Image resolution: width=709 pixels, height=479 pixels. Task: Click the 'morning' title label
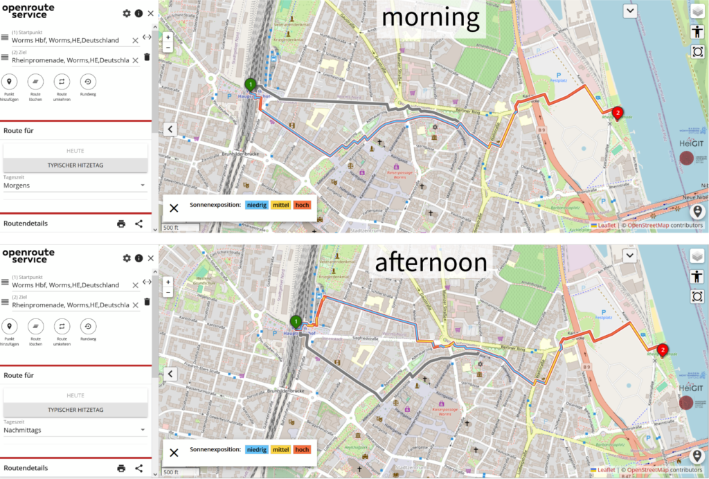click(x=430, y=18)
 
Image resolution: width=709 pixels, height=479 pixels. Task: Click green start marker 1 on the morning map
click(x=251, y=84)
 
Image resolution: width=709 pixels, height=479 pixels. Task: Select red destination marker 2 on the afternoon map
click(x=663, y=350)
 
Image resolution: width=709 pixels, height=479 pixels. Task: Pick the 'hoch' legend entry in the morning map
click(x=302, y=205)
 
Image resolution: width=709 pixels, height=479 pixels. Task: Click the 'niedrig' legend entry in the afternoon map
click(x=256, y=450)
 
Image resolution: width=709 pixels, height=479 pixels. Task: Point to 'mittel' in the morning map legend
click(x=280, y=205)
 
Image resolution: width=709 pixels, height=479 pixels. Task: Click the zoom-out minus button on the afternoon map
click(x=168, y=292)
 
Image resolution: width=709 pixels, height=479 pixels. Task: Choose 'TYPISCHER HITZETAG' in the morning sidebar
click(x=75, y=165)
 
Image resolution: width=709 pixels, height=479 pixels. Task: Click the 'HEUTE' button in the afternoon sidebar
click(x=75, y=395)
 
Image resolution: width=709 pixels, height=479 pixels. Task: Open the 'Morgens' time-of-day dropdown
click(x=75, y=186)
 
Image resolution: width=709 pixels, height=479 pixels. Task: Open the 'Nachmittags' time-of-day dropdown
click(x=75, y=430)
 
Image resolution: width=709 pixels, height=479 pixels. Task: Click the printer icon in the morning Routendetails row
click(x=121, y=224)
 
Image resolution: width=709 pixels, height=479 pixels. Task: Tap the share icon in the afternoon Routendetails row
click(x=139, y=468)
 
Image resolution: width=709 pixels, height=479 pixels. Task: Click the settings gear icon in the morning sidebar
click(x=126, y=13)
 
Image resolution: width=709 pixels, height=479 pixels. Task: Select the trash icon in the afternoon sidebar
click(x=147, y=302)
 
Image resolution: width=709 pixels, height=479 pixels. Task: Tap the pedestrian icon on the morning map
click(x=697, y=31)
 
